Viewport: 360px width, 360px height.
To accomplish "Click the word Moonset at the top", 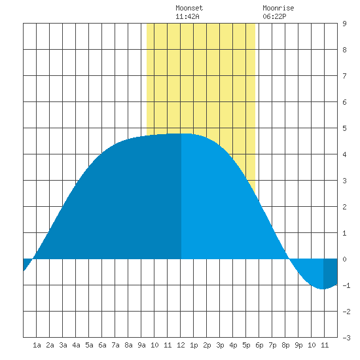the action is [x=189, y=8].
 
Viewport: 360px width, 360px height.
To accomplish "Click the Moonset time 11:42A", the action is [x=187, y=16].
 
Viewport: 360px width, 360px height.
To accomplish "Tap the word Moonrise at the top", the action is [x=278, y=8].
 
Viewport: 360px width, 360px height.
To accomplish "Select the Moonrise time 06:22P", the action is [x=274, y=16].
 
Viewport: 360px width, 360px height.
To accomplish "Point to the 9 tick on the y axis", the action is [x=344, y=24].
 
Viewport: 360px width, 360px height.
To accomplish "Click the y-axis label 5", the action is [x=344, y=128].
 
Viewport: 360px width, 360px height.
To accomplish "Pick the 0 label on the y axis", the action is [x=344, y=259].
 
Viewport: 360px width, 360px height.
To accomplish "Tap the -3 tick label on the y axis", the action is [x=346, y=338].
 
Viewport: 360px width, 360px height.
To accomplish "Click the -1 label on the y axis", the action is [x=346, y=285].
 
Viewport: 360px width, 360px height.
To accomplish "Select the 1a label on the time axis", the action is [x=37, y=345].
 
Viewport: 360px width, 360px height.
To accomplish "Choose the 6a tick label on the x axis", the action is [x=102, y=345].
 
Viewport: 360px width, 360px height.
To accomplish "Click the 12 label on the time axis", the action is [x=181, y=345].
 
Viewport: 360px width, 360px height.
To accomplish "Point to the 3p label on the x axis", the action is [x=220, y=345].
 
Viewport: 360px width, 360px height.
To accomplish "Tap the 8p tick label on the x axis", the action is [x=285, y=345].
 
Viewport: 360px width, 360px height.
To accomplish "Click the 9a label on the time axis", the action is [x=141, y=345].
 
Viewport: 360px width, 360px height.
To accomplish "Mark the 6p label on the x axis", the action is [x=259, y=345].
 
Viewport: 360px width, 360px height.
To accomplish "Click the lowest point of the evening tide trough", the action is [x=323, y=289].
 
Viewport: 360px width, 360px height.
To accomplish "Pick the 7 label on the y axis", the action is [x=344, y=76].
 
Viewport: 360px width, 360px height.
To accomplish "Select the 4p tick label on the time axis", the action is [x=233, y=345].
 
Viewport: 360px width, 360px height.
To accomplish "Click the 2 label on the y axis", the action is [x=344, y=207].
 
